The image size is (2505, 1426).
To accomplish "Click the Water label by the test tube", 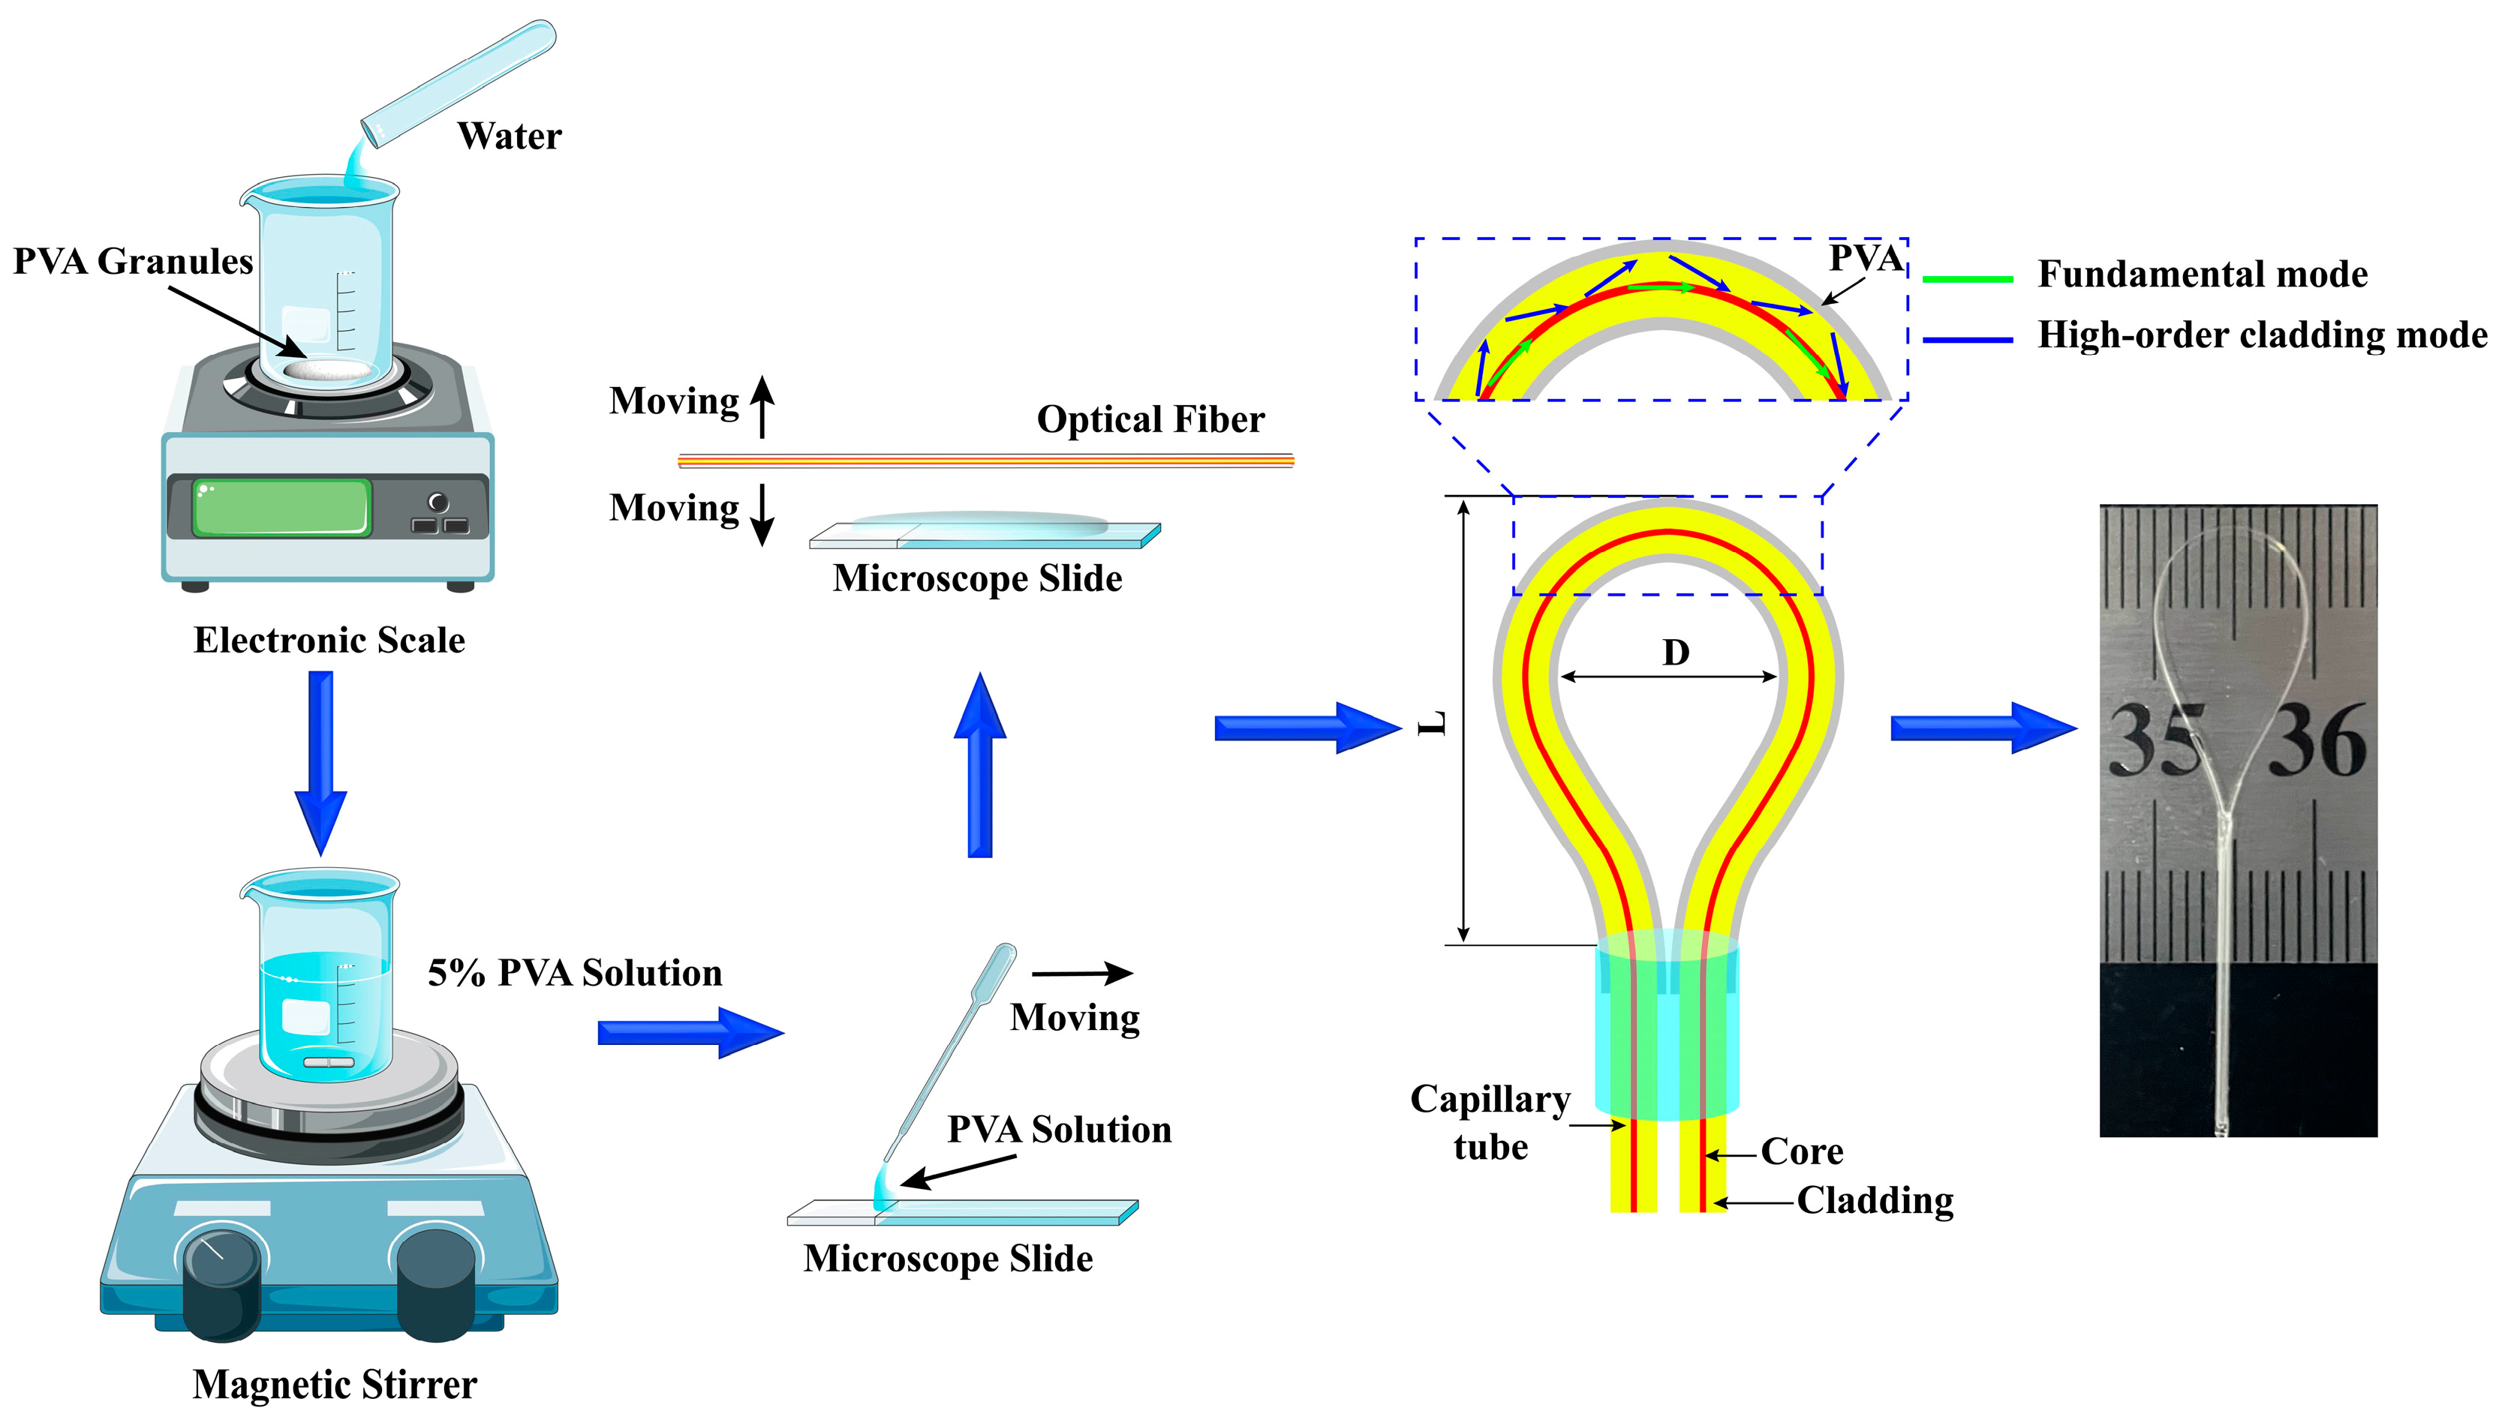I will (x=510, y=136).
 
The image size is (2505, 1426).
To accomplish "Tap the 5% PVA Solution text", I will (x=575, y=972).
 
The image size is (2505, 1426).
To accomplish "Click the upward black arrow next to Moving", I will (x=762, y=407).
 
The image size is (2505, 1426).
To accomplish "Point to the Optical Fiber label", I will (x=1150, y=419).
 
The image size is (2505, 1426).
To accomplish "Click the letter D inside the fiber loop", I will (x=1675, y=653).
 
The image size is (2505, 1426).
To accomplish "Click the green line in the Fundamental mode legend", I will (x=1967, y=279).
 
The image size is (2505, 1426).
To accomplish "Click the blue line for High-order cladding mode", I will (x=1967, y=340).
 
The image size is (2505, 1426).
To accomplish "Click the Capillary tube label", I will (x=1490, y=1122).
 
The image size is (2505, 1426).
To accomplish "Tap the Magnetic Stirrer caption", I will (x=334, y=1384).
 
